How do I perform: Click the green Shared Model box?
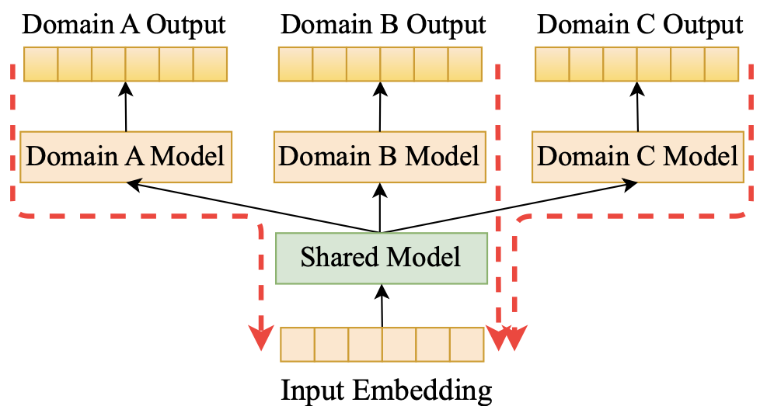click(x=382, y=258)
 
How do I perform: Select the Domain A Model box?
click(x=126, y=157)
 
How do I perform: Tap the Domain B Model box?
click(x=379, y=157)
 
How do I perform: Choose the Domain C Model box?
click(x=638, y=157)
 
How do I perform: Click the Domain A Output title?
click(x=124, y=25)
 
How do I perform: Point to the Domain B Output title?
click(x=383, y=25)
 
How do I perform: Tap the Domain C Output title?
click(x=640, y=25)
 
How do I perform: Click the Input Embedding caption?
click(x=386, y=390)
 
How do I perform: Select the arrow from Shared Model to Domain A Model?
click(x=253, y=207)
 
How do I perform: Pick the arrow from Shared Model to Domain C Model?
click(x=509, y=207)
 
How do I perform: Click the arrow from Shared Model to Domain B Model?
click(x=380, y=208)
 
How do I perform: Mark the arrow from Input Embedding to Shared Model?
click(x=382, y=306)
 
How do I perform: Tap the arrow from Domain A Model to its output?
click(x=126, y=106)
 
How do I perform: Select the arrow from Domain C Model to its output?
click(x=637, y=106)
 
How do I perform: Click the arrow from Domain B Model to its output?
click(x=380, y=106)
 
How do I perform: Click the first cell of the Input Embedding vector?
click(x=298, y=345)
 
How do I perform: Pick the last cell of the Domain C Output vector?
click(x=722, y=64)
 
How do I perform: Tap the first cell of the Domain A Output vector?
click(x=40, y=64)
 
